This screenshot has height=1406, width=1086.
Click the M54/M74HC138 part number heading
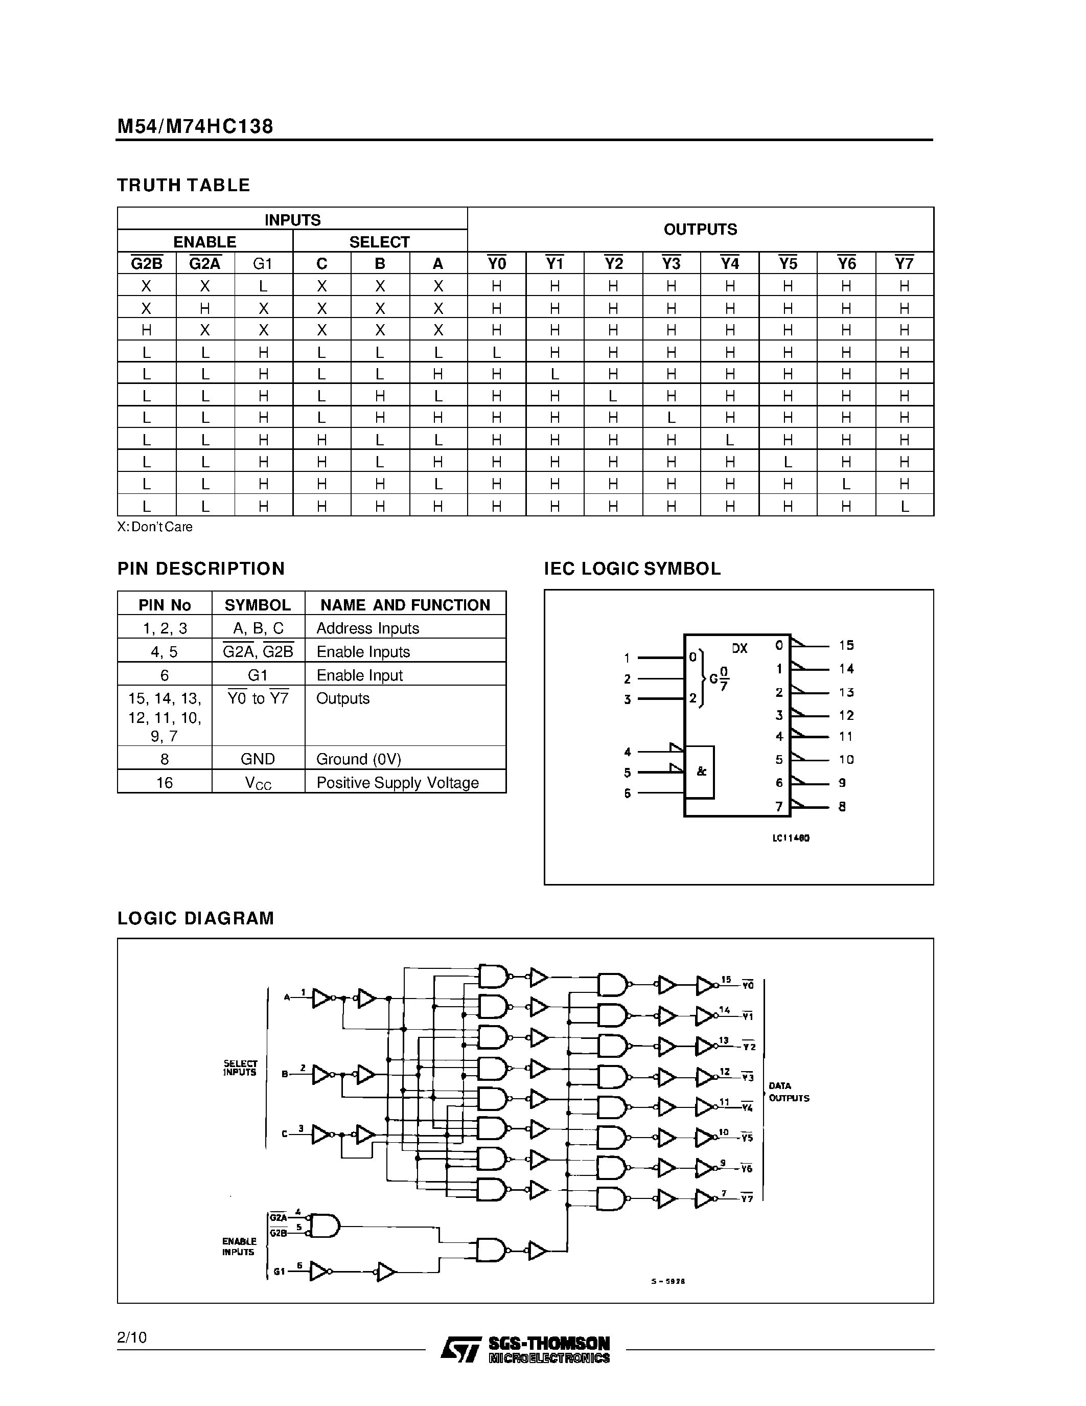click(x=195, y=126)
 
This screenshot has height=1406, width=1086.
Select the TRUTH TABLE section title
click(x=183, y=186)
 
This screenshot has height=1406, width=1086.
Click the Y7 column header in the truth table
click(x=904, y=263)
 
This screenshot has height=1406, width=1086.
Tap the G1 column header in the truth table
click(x=263, y=263)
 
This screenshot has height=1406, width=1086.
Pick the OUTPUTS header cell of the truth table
click(x=700, y=229)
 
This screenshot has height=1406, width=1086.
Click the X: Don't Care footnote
click(x=155, y=527)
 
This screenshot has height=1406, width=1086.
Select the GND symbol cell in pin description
click(x=258, y=759)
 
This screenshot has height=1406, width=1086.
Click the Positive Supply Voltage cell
click(x=398, y=783)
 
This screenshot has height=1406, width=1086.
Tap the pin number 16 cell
click(x=165, y=783)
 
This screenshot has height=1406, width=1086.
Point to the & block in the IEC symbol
click(x=701, y=771)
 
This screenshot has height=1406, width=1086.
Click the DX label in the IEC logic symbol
click(x=740, y=648)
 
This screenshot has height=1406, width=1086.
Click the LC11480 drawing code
click(x=791, y=838)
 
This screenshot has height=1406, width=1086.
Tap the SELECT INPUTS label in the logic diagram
click(x=240, y=1068)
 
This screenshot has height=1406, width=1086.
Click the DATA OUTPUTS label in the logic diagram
click(x=789, y=1093)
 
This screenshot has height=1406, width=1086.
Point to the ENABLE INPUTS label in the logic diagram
click(x=239, y=1246)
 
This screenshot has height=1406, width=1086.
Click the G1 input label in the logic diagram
click(x=279, y=1272)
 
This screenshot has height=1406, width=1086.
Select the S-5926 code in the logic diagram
click(x=668, y=1281)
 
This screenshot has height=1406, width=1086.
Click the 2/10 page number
click(x=132, y=1338)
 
